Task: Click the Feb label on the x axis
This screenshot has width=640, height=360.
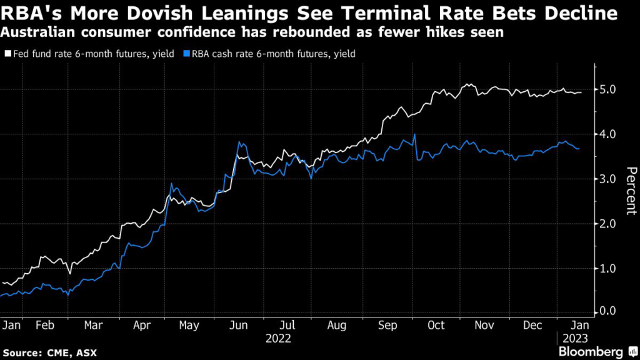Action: click(45, 326)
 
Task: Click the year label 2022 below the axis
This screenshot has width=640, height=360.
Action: click(278, 339)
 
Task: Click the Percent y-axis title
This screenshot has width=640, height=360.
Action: click(631, 191)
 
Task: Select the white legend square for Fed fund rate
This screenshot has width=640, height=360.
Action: click(8, 54)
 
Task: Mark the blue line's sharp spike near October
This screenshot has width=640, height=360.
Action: click(414, 135)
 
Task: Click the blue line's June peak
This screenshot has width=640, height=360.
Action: click(239, 142)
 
